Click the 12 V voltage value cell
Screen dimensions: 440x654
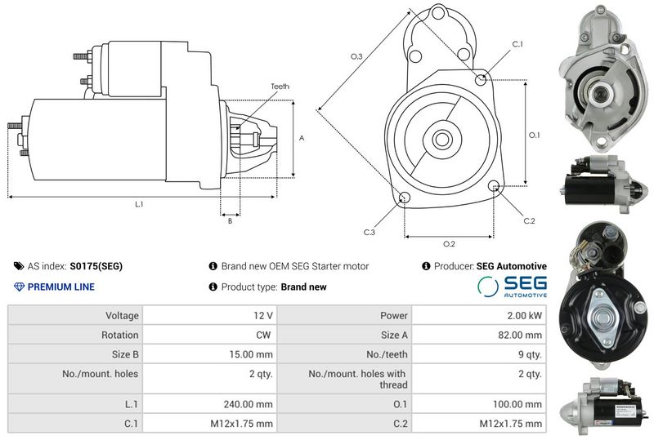coord(263,315)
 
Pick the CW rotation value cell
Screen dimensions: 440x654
coord(266,335)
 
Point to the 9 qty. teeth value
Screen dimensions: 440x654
coord(527,354)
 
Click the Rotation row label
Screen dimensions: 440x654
coord(120,335)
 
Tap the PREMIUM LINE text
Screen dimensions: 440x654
coord(60,287)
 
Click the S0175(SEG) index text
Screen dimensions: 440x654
coord(96,266)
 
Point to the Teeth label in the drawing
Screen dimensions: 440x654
coord(280,87)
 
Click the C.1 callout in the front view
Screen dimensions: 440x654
coord(517,44)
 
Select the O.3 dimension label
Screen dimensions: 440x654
coord(356,56)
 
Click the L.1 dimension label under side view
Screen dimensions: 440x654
coord(139,204)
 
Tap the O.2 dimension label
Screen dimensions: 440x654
coord(449,244)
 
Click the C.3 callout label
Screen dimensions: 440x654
coord(369,233)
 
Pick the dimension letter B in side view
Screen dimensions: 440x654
coord(230,220)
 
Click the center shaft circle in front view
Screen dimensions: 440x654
coord(441,138)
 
